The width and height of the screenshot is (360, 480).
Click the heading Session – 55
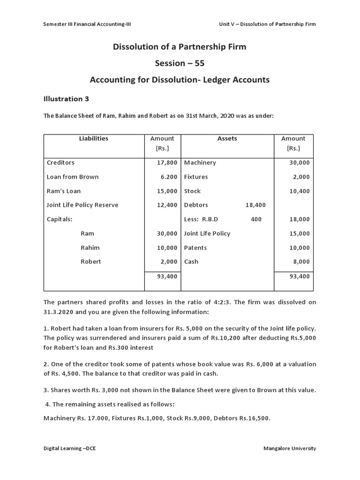point(180,63)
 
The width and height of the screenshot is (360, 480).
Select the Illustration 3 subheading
point(66,99)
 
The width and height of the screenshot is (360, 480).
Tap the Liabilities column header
point(94,139)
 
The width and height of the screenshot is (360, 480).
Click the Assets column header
point(227,139)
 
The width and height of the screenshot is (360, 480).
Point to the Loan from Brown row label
point(73,177)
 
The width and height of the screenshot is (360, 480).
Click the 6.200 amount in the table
point(168,177)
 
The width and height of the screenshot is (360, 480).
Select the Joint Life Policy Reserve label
point(82,205)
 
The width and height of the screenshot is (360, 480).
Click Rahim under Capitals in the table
point(90,247)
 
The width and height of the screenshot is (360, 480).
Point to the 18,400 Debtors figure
point(255,205)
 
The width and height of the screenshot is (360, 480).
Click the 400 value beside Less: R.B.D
point(256,219)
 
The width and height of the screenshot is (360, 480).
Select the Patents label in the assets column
point(195,247)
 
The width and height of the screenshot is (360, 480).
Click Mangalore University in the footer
point(290,449)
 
